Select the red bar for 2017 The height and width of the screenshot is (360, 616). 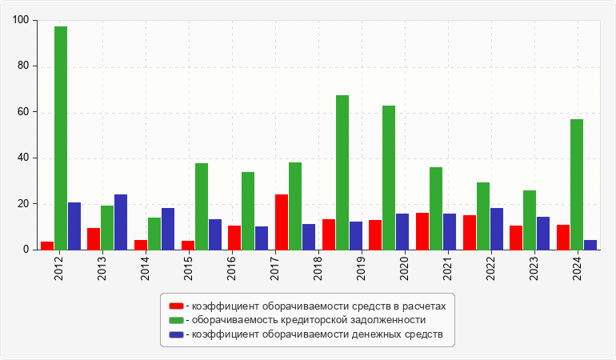(x=282, y=222)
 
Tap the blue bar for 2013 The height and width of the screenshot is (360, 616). (x=121, y=222)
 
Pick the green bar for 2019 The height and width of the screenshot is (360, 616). (x=342, y=172)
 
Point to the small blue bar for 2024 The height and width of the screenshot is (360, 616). (x=590, y=245)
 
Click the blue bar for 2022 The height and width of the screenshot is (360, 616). (x=497, y=229)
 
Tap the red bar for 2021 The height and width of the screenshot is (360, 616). (x=422, y=231)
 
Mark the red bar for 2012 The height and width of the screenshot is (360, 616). (x=47, y=246)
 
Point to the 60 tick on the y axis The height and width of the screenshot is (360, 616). (x=23, y=112)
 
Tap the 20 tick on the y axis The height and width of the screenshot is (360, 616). (x=23, y=204)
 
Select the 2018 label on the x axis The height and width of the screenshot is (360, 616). (x=318, y=267)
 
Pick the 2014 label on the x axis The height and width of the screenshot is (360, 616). (x=145, y=267)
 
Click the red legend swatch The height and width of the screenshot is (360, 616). (x=176, y=306)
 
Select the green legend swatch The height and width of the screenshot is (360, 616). (x=176, y=320)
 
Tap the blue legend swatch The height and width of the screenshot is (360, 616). (x=176, y=334)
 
